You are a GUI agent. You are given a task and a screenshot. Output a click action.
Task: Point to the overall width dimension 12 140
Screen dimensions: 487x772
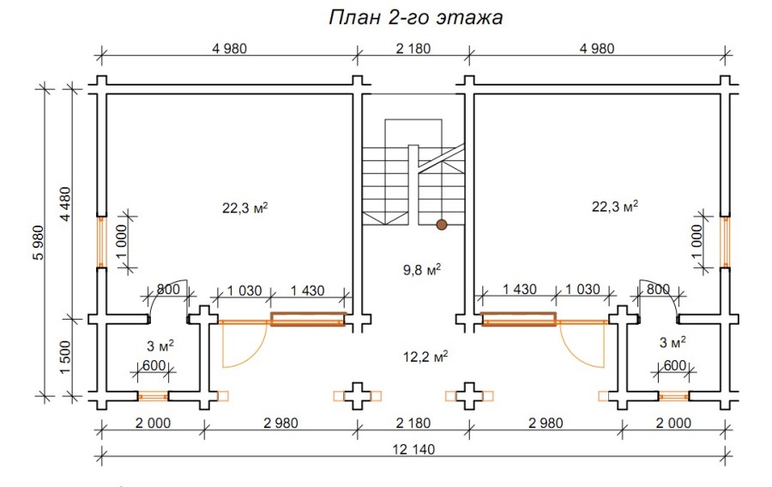413,449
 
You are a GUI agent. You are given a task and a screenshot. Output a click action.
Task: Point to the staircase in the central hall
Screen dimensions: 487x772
414,176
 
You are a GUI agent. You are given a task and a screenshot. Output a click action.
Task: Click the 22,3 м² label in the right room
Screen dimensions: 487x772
614,207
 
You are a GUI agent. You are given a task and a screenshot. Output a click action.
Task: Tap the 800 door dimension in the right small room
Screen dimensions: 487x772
658,290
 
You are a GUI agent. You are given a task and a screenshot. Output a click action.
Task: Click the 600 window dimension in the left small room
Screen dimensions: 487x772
154,364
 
